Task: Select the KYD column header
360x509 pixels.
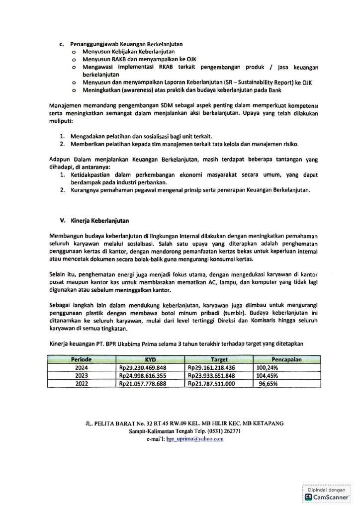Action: (150, 358)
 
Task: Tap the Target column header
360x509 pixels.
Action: (219, 358)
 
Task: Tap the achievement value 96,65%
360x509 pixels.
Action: (268, 384)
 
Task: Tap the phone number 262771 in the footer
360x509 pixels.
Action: (229, 431)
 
